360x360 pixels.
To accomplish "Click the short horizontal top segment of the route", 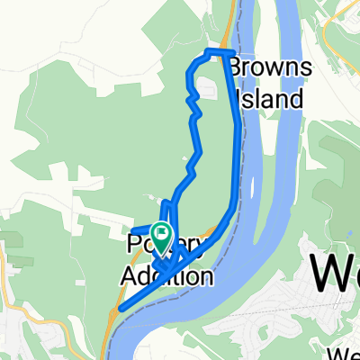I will coord(220,51).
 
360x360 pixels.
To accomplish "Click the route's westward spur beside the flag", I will coord(142,226).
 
